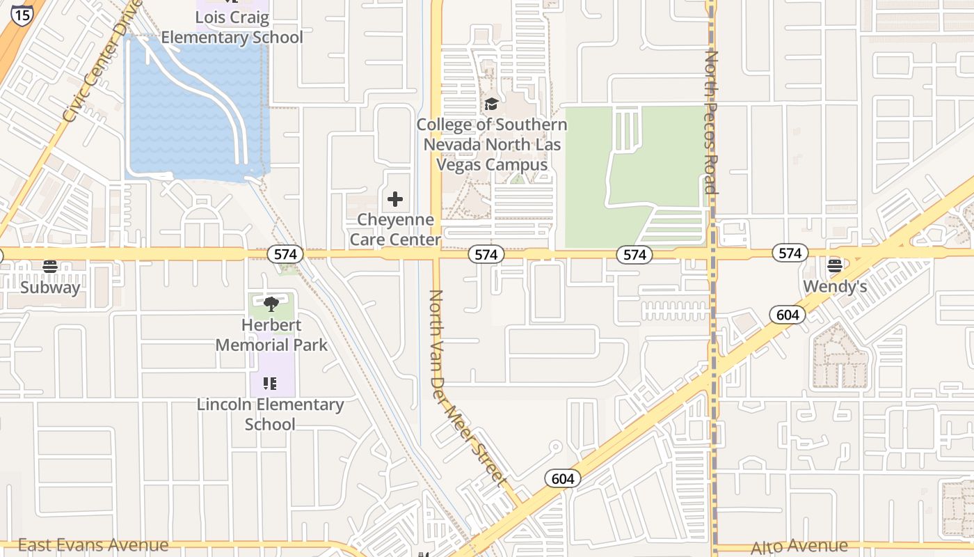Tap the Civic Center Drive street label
coord(102,63)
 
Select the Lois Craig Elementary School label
coord(232,28)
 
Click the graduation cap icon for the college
coord(491,104)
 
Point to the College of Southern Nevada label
coord(492,145)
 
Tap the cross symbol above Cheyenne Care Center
coord(395,200)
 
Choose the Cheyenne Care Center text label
coord(395,230)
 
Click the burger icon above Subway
coord(49,266)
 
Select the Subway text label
coord(50,288)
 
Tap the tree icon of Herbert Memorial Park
coord(271,304)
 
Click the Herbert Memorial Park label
coord(271,335)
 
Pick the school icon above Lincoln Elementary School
coord(270,383)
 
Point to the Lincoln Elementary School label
coord(270,414)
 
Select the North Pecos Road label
coord(711,122)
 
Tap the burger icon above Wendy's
coord(835,265)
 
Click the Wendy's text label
coord(835,287)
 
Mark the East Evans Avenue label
coord(93,545)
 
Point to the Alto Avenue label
coord(799,547)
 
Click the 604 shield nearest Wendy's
coord(787,315)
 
